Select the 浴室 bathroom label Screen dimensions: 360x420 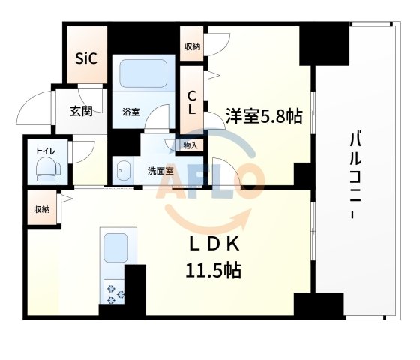[131, 112]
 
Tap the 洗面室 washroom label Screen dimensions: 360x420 [160, 171]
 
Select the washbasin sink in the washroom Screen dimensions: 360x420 [123, 170]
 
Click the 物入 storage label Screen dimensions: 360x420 [190, 145]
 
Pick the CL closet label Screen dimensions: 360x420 [192, 101]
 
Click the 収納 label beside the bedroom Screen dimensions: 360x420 [192, 47]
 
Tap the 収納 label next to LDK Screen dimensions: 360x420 [40, 209]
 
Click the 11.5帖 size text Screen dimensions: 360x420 [214, 270]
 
